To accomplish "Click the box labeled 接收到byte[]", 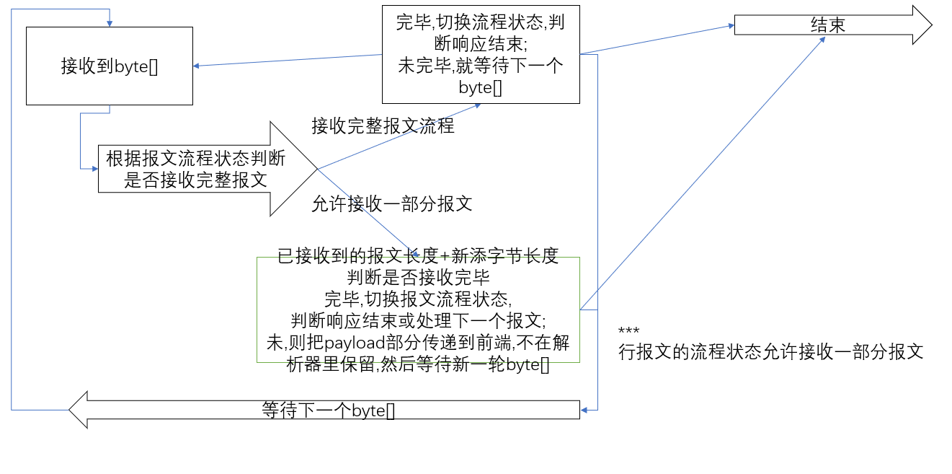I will tap(110, 66).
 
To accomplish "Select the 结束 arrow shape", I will tap(829, 25).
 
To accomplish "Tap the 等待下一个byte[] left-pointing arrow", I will tap(328, 411).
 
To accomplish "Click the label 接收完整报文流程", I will tap(383, 126).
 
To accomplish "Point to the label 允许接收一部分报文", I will tap(392, 203).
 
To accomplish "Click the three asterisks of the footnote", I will tap(628, 332).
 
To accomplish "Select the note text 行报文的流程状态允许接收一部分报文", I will tap(771, 352).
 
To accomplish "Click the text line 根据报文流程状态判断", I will tap(195, 159).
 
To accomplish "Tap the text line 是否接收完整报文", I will tap(195, 180).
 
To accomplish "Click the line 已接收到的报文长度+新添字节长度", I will tap(418, 256).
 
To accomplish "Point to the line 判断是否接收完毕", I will tap(418, 277).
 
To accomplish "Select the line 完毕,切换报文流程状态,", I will tap(418, 299).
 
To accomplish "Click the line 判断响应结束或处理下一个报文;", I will tap(418, 320).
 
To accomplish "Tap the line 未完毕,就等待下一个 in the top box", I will tap(481, 66).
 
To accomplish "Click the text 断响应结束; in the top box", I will tap(481, 44).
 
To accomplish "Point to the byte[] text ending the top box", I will tap(481, 87).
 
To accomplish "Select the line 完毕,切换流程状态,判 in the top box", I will tap(481, 22).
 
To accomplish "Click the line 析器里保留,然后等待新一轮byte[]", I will tap(418, 364).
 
